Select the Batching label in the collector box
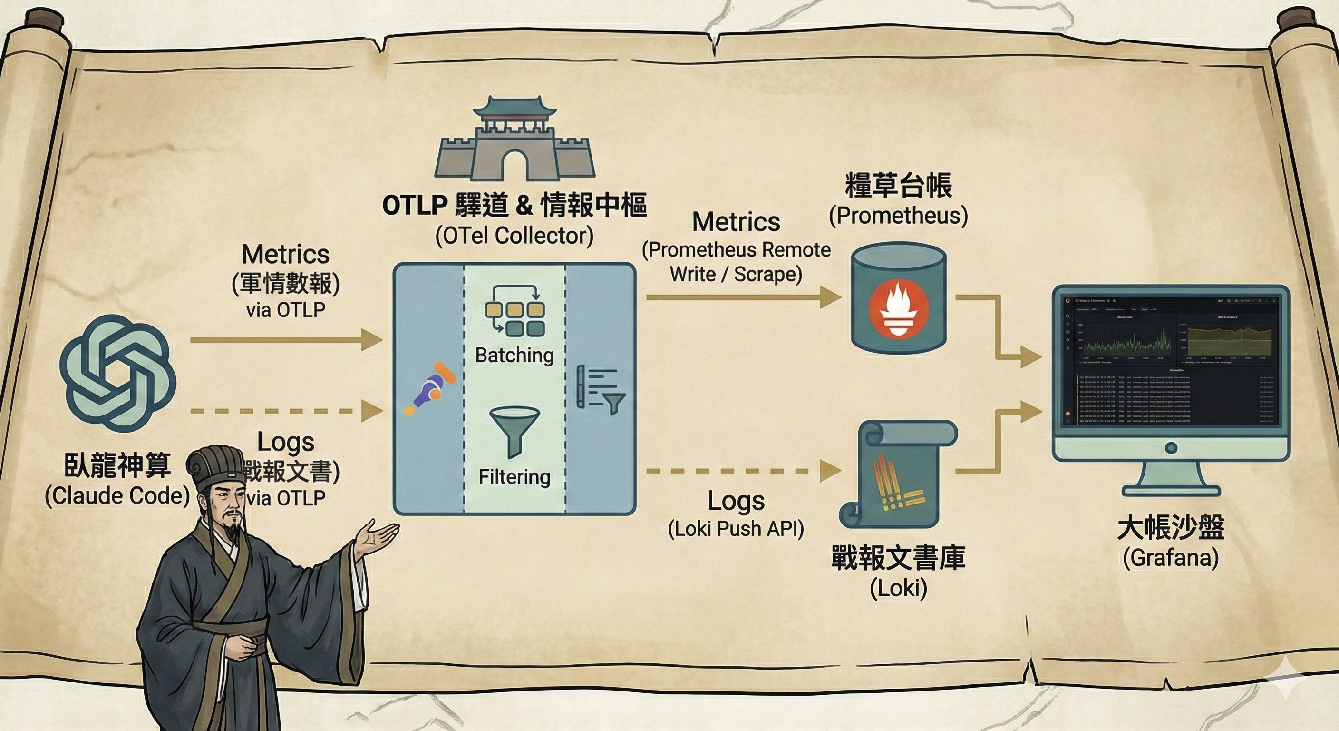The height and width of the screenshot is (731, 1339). click(514, 356)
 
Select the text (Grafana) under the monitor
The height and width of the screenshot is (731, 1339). click(1171, 558)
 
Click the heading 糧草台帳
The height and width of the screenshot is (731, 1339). click(898, 186)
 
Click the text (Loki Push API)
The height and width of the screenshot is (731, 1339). click(736, 529)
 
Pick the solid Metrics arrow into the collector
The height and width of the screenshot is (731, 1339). click(286, 340)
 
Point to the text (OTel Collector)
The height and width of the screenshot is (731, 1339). click(514, 236)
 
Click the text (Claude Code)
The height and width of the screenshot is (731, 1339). click(117, 496)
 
